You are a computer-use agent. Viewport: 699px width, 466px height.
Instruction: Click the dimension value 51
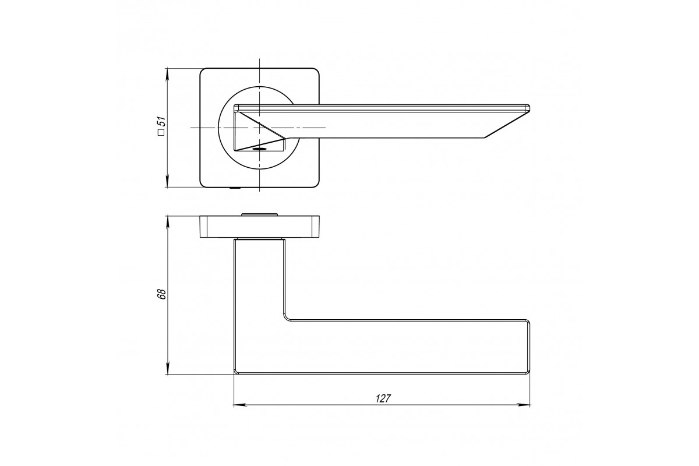point(162,121)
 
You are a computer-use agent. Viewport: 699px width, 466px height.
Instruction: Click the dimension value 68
point(162,294)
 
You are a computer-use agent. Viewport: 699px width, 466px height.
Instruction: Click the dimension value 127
point(383,398)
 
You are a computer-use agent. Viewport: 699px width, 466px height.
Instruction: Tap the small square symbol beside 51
point(161,132)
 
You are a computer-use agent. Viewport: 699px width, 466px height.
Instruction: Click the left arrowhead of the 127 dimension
point(239,405)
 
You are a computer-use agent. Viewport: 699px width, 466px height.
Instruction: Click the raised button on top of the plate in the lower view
point(260,214)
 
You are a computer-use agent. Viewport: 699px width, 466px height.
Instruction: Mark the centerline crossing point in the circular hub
point(259,128)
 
